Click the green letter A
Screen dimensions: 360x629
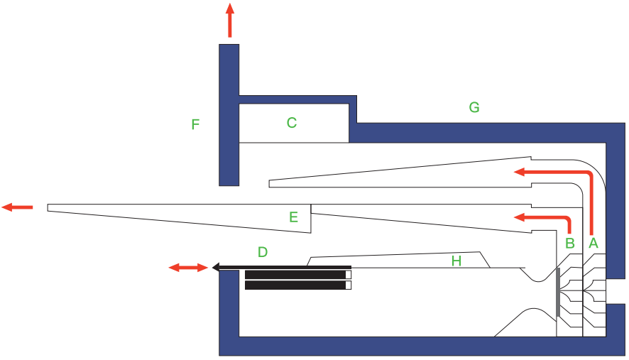coord(594,243)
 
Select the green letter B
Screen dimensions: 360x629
coord(569,243)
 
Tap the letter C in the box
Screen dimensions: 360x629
coord(291,123)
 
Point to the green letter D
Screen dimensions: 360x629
coord(263,252)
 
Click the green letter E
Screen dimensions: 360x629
coord(293,217)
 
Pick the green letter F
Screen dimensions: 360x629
coord(195,125)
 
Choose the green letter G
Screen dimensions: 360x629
coord(474,108)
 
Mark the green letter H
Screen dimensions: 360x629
coord(456,261)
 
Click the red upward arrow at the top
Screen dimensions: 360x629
coord(229,19)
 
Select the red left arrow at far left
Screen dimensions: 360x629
coord(17,207)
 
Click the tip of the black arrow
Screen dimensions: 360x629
coord(214,268)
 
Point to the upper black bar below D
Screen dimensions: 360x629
coord(295,275)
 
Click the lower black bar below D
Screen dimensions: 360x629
coord(295,285)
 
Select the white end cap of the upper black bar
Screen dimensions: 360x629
coord(348,275)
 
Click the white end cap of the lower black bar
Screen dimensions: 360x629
coord(348,285)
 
